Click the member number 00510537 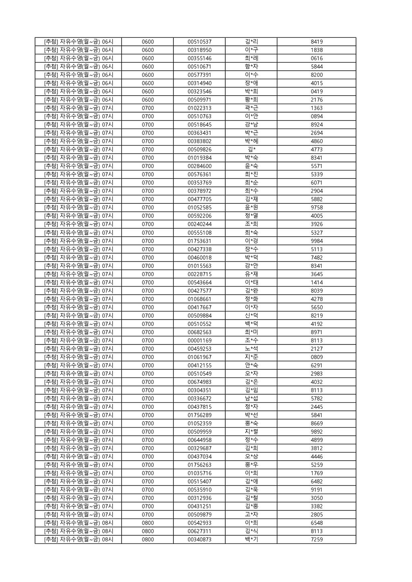[x=199, y=42]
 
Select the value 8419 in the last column [x=316, y=42]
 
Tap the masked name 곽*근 [x=251, y=108]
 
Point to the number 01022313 [x=199, y=108]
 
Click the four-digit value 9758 [x=316, y=208]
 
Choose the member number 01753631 [x=199, y=241]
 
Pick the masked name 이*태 [x=251, y=283]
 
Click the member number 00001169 [x=199, y=340]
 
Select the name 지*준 [x=251, y=357]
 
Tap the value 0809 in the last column [x=316, y=357]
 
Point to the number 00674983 [x=199, y=382]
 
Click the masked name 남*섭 [x=251, y=399]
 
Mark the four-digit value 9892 [x=316, y=432]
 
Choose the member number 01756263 [x=199, y=465]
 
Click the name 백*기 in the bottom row [x=251, y=539]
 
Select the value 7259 [x=316, y=539]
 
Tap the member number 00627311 [x=199, y=531]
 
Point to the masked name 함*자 [x=251, y=67]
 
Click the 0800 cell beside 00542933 [x=148, y=523]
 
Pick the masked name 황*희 [x=251, y=100]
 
